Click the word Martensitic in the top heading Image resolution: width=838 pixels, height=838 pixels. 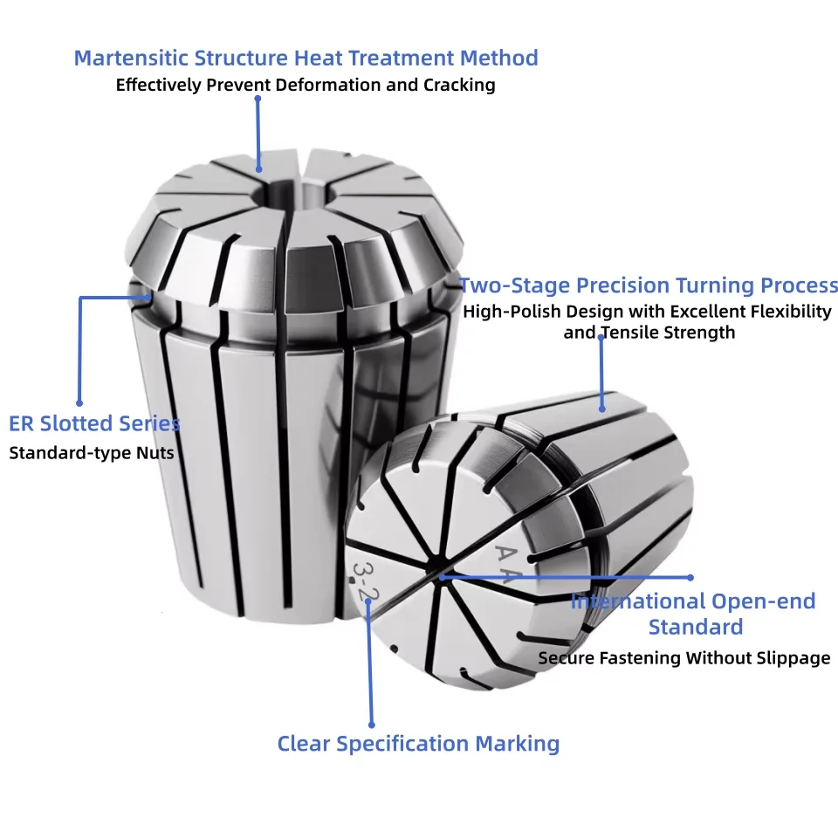coord(131,58)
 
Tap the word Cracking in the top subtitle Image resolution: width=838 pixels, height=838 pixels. coord(459,85)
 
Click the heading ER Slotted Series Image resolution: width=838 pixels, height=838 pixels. coord(94,423)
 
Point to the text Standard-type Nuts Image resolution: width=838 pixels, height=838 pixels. coord(92,453)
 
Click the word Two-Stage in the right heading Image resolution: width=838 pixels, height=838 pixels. coord(515,285)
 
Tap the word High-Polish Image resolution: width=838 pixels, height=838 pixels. coord(512,312)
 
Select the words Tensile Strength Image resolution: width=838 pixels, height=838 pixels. coord(669,333)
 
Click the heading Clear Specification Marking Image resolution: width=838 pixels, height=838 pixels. coord(418,744)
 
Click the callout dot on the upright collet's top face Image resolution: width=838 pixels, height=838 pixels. coord(258,169)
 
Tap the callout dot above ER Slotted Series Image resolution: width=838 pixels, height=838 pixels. coord(79,403)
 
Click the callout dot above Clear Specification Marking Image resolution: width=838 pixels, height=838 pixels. coord(372,725)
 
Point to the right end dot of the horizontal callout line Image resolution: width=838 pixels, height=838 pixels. coord(690,578)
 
